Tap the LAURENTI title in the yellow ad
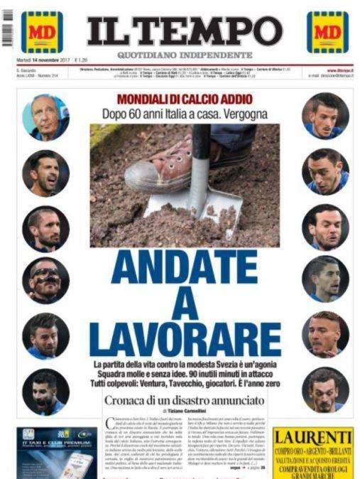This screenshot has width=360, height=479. [x=312, y=436]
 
